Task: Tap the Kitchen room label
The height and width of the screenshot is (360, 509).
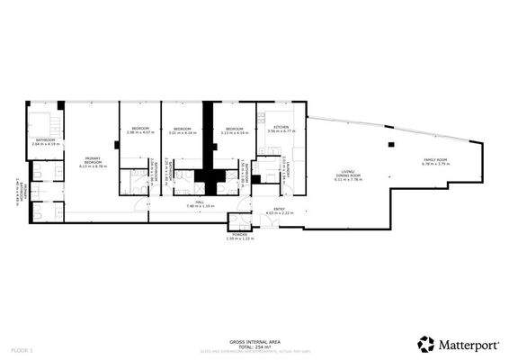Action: click(281, 128)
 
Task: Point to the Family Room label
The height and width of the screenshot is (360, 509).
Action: click(436, 159)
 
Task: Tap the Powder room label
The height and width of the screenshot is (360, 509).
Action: click(239, 234)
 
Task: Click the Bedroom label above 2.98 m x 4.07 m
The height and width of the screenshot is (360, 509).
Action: click(140, 129)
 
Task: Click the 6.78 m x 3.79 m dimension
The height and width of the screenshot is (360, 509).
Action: click(436, 164)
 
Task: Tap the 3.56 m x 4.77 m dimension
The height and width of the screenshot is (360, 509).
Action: click(281, 132)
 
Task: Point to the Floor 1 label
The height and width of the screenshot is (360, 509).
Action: click(22, 348)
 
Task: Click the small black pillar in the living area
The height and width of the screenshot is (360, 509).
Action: click(391, 146)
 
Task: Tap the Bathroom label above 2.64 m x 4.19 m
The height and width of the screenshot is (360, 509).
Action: click(45, 139)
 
